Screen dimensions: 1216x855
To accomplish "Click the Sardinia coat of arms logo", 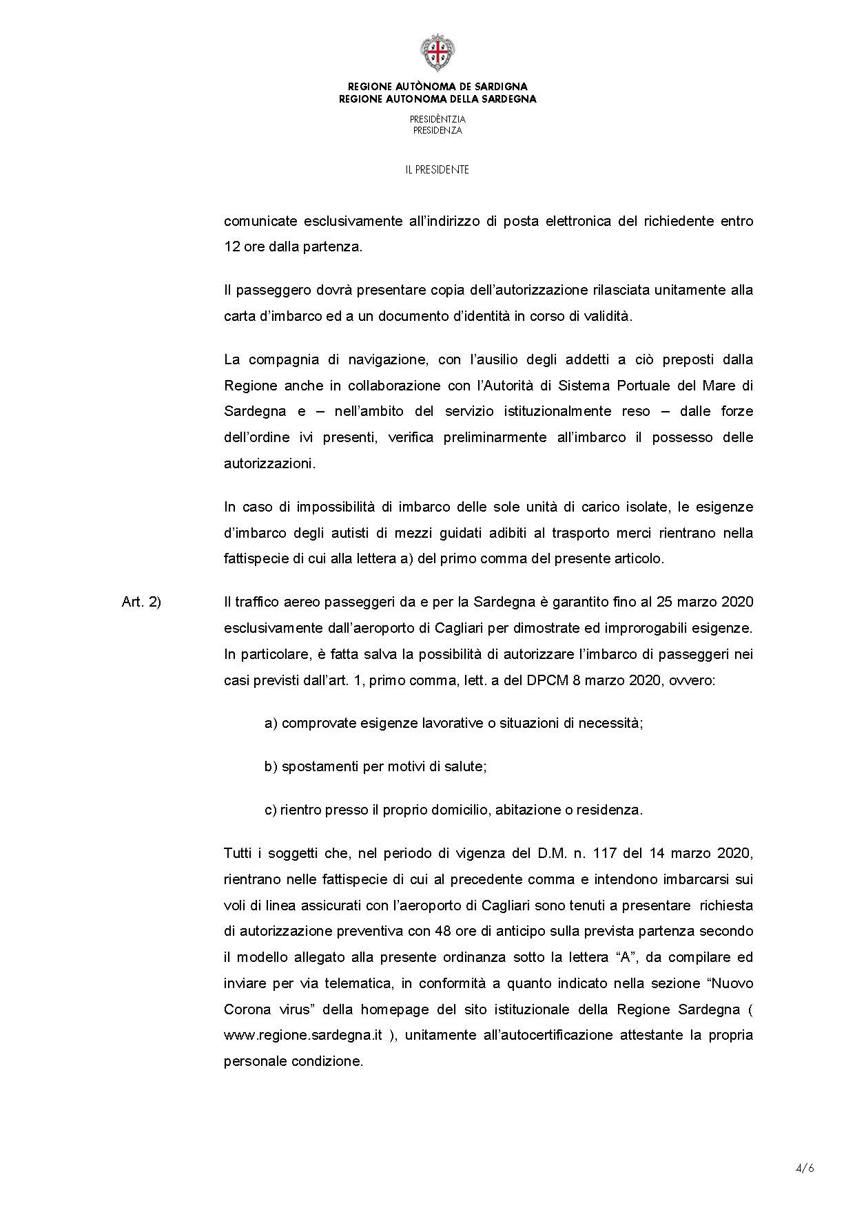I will [x=437, y=53].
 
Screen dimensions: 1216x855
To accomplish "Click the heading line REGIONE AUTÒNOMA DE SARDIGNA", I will [x=437, y=87].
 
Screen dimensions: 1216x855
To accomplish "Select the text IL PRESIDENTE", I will [x=437, y=169].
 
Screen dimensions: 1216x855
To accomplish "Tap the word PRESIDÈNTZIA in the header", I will [x=437, y=119].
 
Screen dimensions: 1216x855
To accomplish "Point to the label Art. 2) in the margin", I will [x=141, y=602].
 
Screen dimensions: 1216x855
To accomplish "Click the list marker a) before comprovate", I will [x=271, y=723].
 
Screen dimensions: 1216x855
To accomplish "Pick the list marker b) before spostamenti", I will [x=271, y=766].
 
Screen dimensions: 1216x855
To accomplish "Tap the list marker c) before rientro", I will [x=270, y=810].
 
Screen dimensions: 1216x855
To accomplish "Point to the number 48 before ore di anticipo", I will [x=443, y=931].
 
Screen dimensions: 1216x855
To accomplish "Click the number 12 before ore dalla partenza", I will [x=231, y=247].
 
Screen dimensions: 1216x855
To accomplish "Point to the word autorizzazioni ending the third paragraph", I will [x=269, y=463].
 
